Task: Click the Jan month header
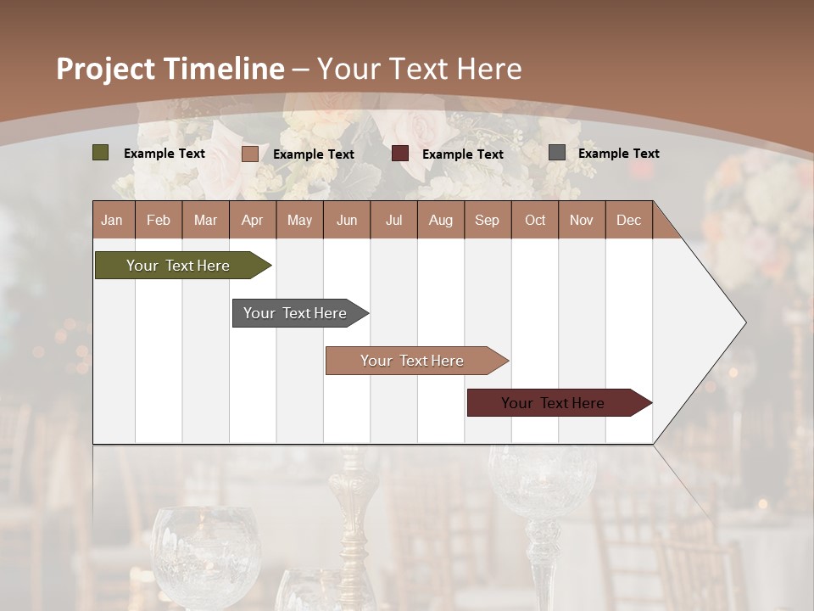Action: click(x=112, y=220)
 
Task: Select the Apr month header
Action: click(x=252, y=220)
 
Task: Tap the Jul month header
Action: click(x=393, y=220)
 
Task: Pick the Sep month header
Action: click(x=487, y=220)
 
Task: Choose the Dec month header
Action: click(x=628, y=220)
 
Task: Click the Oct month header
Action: click(x=535, y=220)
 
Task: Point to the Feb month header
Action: click(x=159, y=220)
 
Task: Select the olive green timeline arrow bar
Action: click(x=178, y=266)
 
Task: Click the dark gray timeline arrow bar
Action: click(x=295, y=313)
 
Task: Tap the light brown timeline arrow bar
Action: click(x=412, y=361)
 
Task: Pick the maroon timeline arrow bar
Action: click(x=553, y=403)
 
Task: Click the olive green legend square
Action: click(x=100, y=153)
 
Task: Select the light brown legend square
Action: click(x=249, y=154)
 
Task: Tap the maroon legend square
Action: click(x=400, y=154)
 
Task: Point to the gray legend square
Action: click(x=556, y=153)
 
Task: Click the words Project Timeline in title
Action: click(x=170, y=69)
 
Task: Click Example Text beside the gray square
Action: click(x=618, y=154)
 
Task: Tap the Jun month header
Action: click(x=347, y=220)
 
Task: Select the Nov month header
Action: click(x=582, y=220)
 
